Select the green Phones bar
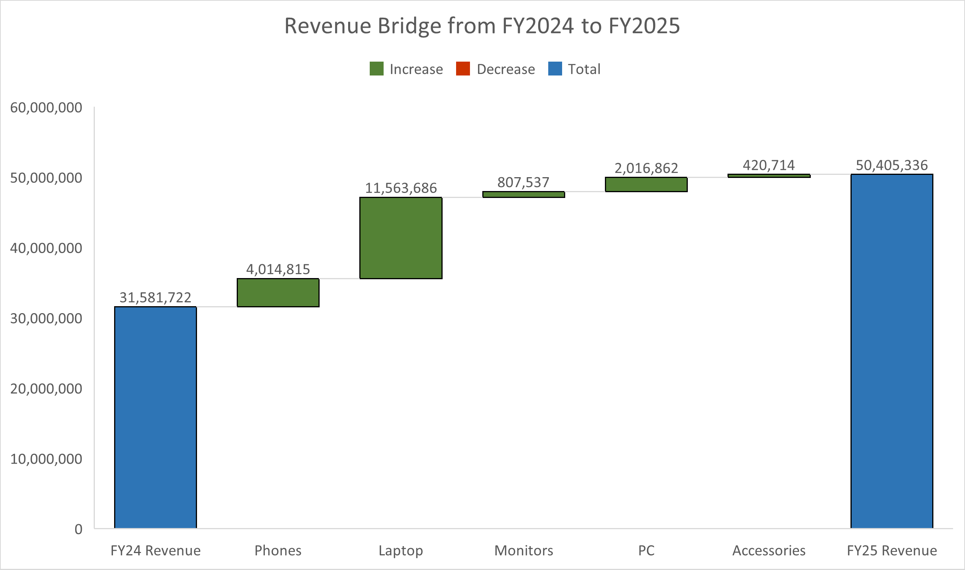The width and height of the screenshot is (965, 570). (278, 293)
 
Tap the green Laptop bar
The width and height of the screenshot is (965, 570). (401, 238)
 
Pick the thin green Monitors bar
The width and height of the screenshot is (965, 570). (524, 194)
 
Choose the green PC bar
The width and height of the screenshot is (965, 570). (646, 184)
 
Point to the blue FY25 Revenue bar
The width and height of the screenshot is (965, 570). (892, 351)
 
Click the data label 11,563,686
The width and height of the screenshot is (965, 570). (401, 188)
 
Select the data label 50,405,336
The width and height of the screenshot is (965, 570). (892, 165)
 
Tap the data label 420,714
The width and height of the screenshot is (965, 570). (769, 165)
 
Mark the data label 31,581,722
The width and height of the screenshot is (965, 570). (155, 297)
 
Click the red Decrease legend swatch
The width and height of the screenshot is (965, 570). (463, 69)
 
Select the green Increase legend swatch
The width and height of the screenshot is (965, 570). (376, 69)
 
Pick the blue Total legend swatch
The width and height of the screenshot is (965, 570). (555, 69)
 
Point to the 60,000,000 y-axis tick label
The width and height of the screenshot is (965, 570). (46, 107)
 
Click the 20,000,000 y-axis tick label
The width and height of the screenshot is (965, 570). (46, 389)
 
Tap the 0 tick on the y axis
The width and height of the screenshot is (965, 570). (78, 529)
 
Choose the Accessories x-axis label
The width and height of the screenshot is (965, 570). (769, 550)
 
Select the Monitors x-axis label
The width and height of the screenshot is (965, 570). (524, 550)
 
